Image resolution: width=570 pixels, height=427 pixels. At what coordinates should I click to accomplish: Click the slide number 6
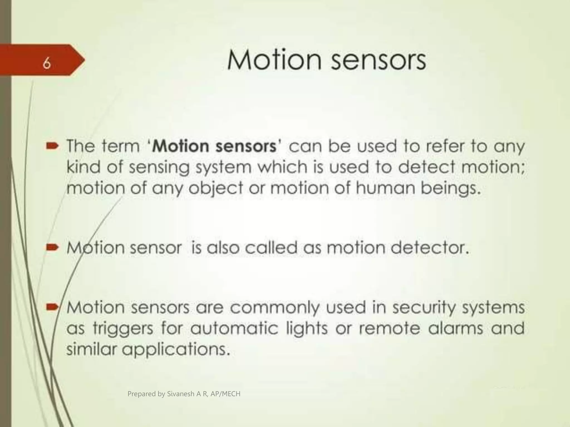(x=47, y=64)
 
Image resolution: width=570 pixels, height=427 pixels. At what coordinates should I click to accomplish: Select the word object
(x=212, y=188)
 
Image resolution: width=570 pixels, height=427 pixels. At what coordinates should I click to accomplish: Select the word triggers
(x=123, y=329)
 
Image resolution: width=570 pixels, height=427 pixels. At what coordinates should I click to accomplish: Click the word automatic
(x=234, y=328)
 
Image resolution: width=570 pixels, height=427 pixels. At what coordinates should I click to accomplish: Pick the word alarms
(x=455, y=328)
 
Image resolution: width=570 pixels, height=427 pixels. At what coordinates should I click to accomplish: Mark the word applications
(x=176, y=350)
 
